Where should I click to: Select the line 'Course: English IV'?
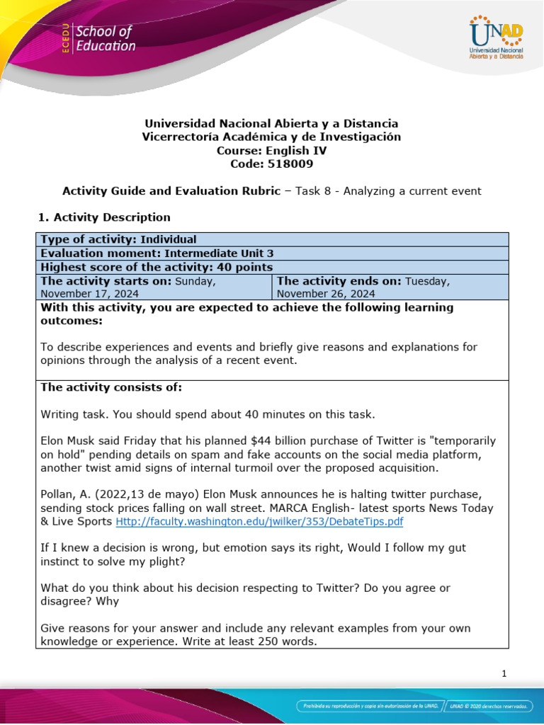coord(271,150)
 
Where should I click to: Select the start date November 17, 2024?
coord(90,294)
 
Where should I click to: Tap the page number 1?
coord(504,673)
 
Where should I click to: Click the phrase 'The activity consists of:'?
coord(111,387)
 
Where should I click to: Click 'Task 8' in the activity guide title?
coord(313,190)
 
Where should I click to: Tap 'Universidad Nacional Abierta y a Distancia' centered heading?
coord(271,123)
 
